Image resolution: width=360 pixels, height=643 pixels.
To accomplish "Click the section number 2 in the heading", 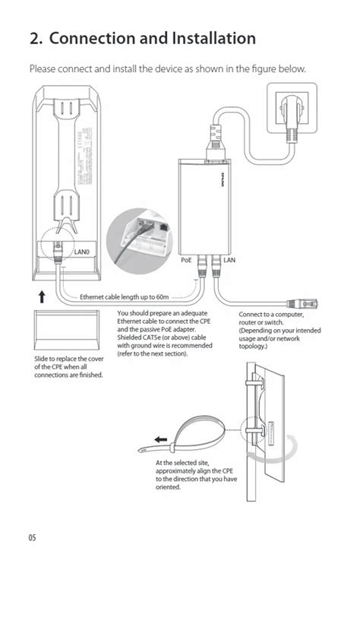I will tap(34, 38).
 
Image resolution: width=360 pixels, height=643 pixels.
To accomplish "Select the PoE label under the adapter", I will tap(186, 260).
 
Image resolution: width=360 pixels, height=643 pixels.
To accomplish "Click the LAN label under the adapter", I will tap(229, 260).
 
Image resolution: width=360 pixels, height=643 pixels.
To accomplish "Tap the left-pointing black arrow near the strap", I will tap(160, 439).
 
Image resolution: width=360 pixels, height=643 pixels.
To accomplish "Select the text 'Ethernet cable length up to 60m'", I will tap(125, 297).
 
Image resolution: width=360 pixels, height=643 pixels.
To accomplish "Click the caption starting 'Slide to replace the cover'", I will tap(69, 366).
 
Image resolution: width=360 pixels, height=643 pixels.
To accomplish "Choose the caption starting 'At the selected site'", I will tap(197, 474).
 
